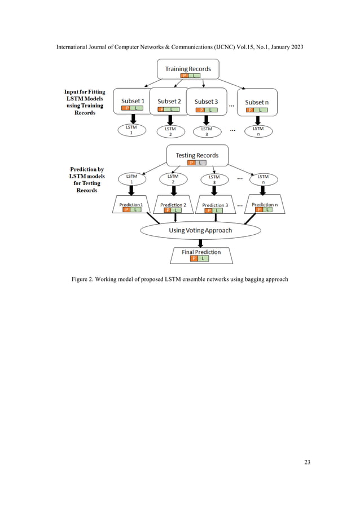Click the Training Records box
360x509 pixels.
point(188,70)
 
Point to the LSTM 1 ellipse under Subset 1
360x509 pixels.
point(131,131)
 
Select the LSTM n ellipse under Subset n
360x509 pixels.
point(258,131)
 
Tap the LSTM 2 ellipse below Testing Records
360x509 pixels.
point(173,179)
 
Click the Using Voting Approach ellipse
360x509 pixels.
point(200,230)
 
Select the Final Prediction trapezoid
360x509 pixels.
point(201,254)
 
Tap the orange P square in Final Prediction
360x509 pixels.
point(194,258)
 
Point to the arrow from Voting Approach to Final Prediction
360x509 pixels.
point(200,243)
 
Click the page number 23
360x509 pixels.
point(307,463)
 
